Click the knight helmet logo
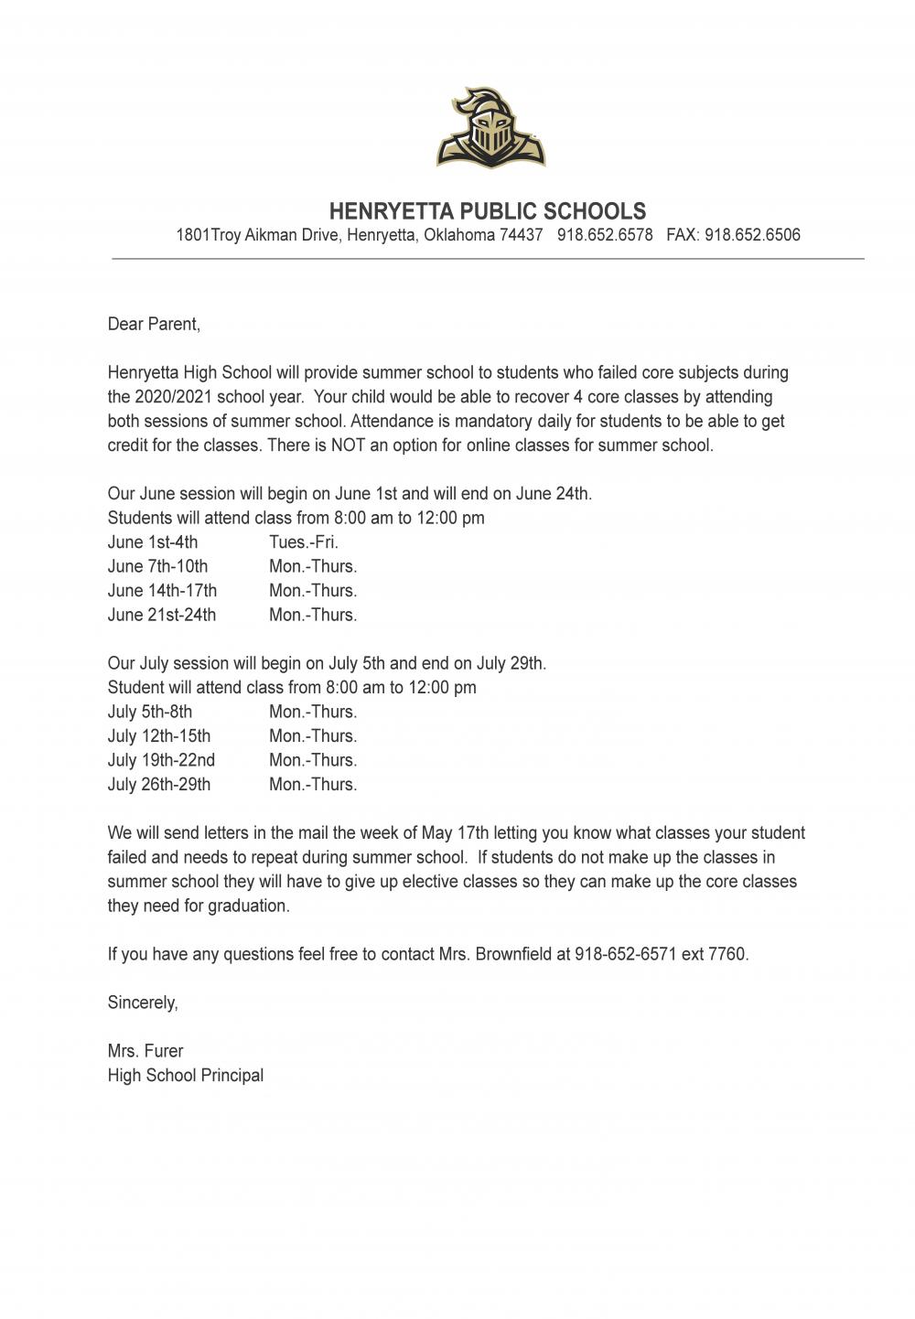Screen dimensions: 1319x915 click(x=490, y=128)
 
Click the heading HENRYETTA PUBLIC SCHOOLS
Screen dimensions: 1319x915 click(x=487, y=211)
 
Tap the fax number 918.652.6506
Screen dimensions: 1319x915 click(x=752, y=235)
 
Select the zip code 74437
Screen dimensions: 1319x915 click(x=521, y=235)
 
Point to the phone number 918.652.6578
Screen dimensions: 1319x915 click(x=605, y=235)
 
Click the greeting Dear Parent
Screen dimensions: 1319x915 click(x=154, y=324)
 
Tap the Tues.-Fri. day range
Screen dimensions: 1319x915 click(x=304, y=542)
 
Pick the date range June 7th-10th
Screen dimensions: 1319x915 click(x=157, y=566)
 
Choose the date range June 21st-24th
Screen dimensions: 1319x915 click(x=162, y=615)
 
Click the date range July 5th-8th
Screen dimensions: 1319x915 click(x=150, y=712)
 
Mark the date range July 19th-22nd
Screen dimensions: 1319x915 click(x=161, y=760)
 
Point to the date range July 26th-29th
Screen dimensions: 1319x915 click(x=159, y=785)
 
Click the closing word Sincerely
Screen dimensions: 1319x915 click(x=143, y=1003)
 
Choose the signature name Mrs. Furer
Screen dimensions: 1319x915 click(x=145, y=1051)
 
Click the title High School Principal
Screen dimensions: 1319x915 click(x=186, y=1076)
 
